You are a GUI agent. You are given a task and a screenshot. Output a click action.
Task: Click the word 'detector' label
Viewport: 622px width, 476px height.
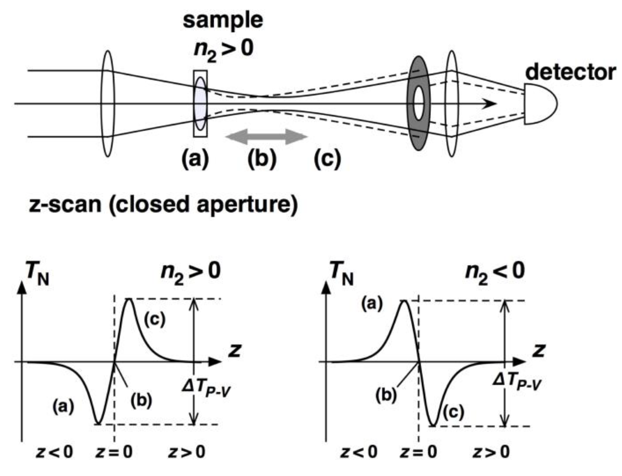coord(570,72)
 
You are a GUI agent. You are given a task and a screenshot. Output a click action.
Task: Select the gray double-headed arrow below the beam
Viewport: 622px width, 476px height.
coord(266,137)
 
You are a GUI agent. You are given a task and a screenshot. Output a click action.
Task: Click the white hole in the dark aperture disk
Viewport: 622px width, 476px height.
coord(418,103)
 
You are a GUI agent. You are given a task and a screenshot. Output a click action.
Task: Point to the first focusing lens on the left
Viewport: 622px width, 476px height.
coord(108,103)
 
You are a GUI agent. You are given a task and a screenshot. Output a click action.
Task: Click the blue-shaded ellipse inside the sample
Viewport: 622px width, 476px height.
coord(200,103)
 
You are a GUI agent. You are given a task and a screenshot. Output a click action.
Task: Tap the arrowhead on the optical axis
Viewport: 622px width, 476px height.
coord(490,104)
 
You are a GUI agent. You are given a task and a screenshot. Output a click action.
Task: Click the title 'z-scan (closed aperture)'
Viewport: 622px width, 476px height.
coord(163,204)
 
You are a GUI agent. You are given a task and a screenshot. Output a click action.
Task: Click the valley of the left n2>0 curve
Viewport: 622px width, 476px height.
coord(98,424)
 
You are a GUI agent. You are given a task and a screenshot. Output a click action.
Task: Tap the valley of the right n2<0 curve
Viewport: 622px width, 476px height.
coord(433,425)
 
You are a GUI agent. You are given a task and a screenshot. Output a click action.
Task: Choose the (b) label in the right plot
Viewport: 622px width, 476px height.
coord(386,395)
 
